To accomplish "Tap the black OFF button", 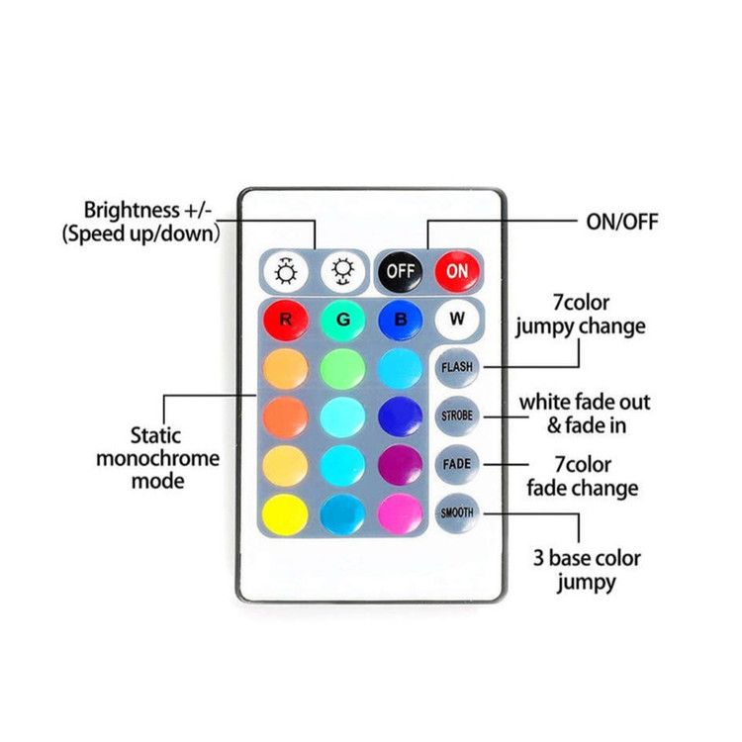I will coord(401,269).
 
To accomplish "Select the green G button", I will coord(342,320).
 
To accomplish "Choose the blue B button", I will coord(400,320).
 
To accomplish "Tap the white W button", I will coord(456,319).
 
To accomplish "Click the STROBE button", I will coord(457,416).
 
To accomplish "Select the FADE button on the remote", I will coord(457,463).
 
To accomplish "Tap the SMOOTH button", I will coord(457,511).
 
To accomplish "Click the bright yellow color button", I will coord(285,512).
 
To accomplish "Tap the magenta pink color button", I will coord(400,512).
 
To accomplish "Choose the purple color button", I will coord(400,464).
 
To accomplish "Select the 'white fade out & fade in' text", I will coord(585,415).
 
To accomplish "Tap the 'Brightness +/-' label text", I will coord(147,210).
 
